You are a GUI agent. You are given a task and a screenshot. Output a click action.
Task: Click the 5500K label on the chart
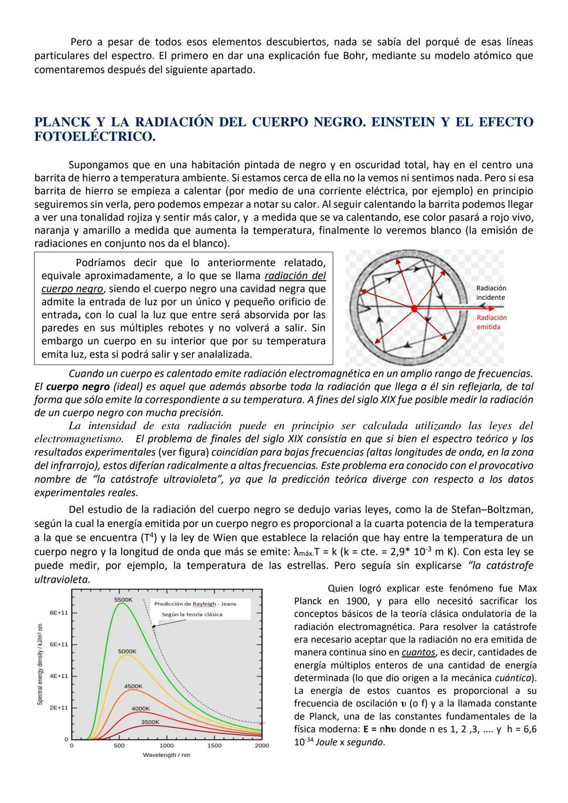pyautogui.click(x=123, y=599)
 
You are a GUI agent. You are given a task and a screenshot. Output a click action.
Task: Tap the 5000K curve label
pyautogui.click(x=127, y=651)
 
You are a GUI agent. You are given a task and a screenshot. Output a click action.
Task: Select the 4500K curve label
pyautogui.click(x=133, y=686)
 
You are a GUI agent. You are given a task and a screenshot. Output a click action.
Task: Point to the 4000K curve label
pyautogui.click(x=140, y=708)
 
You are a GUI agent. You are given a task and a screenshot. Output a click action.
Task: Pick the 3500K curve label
pyautogui.click(x=150, y=722)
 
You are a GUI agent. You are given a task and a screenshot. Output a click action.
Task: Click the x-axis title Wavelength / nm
pyautogui.click(x=166, y=755)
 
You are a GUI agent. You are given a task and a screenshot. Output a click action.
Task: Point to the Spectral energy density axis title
pyautogui.click(x=40, y=665)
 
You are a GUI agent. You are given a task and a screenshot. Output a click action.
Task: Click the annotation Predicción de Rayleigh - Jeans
pyautogui.click(x=195, y=604)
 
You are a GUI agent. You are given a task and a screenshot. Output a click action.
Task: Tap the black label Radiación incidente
pyautogui.click(x=491, y=293)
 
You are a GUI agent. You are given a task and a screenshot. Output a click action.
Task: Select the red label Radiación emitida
pyautogui.click(x=492, y=322)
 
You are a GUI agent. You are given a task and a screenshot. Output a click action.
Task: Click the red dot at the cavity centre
pyautogui.click(x=414, y=308)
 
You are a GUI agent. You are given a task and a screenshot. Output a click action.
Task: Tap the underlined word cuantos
pyautogui.click(x=418, y=652)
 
